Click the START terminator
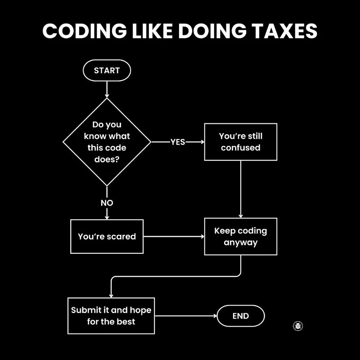click(107, 70)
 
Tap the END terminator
click(241, 316)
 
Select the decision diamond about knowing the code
click(107, 142)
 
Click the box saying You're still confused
click(241, 142)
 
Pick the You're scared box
click(107, 237)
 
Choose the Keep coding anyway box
click(241, 237)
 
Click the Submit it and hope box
click(111, 316)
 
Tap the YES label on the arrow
click(178, 142)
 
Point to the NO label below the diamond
click(107, 203)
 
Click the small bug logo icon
click(298, 326)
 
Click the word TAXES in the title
click(284, 31)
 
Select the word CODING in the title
click(85, 31)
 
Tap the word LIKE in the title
click(152, 31)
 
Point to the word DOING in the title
click(212, 31)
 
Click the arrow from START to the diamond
click(107, 89)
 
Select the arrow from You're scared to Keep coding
click(174, 237)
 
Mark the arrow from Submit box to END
click(186, 316)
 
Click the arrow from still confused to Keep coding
click(241, 189)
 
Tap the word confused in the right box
click(241, 148)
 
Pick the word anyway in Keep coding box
click(241, 243)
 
